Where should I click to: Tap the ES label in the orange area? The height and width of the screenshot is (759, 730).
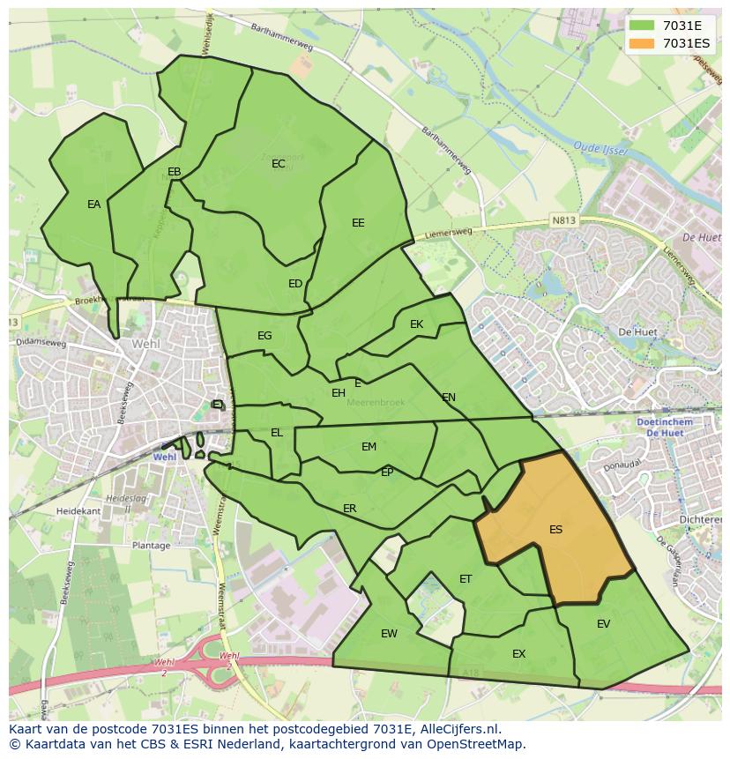555,530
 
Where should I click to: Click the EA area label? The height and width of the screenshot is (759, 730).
93,205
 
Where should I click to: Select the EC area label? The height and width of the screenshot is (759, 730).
279,164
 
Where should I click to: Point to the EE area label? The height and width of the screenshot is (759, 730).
358,223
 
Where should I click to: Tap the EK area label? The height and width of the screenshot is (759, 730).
417,324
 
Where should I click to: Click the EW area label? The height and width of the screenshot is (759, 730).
389,634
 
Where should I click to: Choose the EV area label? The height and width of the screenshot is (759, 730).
603,624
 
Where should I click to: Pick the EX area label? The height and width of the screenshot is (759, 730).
518,654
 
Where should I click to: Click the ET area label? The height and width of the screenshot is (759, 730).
466,579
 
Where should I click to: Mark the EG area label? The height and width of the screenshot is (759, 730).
264,336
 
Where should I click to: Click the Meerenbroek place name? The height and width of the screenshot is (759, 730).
376,402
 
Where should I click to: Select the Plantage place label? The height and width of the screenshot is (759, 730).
151,546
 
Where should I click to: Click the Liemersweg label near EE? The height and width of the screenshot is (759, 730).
449,234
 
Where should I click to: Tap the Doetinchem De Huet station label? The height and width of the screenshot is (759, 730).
664,428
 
